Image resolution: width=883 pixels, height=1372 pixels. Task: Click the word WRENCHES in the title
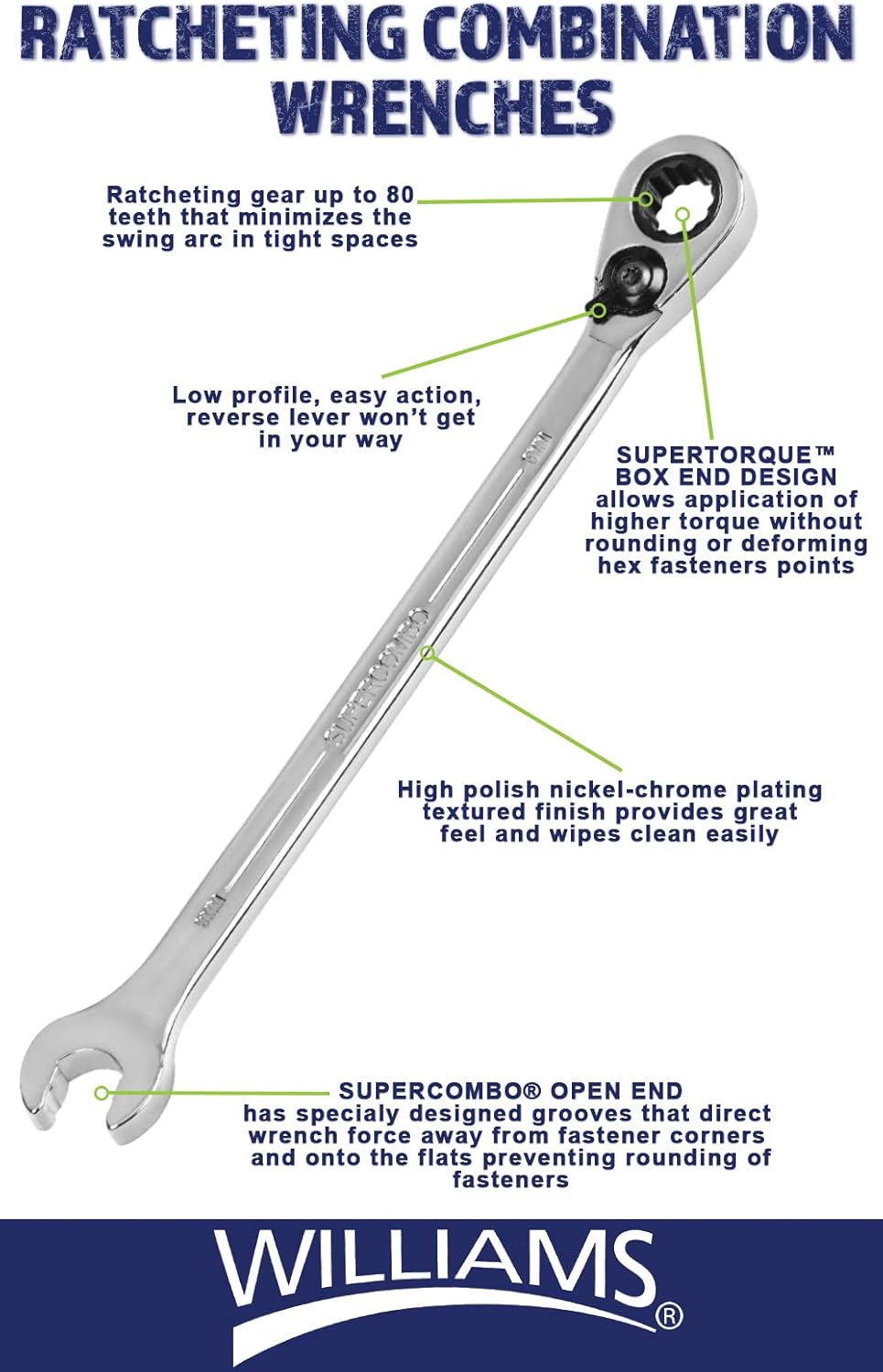pyautogui.click(x=443, y=106)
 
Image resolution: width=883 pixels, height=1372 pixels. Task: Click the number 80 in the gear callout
pyautogui.click(x=400, y=195)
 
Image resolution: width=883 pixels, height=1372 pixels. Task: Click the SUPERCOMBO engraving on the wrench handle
pyautogui.click(x=377, y=676)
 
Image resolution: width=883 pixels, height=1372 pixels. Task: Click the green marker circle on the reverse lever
pyautogui.click(x=598, y=310)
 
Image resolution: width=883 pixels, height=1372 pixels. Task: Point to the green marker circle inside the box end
pyautogui.click(x=683, y=215)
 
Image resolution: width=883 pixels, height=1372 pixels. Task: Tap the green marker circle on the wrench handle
pyautogui.click(x=427, y=652)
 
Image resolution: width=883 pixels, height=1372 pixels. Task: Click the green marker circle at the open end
pyautogui.click(x=102, y=1092)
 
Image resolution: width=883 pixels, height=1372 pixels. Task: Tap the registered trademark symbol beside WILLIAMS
pyautogui.click(x=670, y=1316)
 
